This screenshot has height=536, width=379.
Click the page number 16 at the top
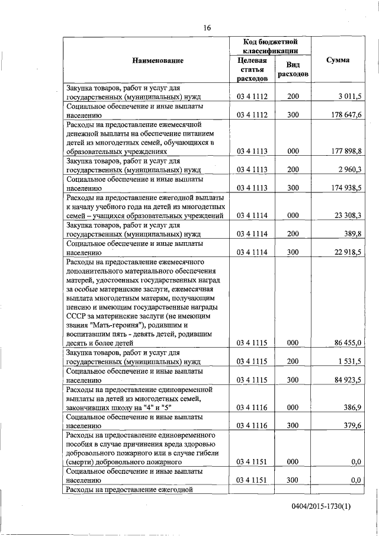coord(207,27)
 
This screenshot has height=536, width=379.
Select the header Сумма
coord(338,60)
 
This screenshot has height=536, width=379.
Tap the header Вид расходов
coord(293,70)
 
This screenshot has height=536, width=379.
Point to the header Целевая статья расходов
coord(252,69)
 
